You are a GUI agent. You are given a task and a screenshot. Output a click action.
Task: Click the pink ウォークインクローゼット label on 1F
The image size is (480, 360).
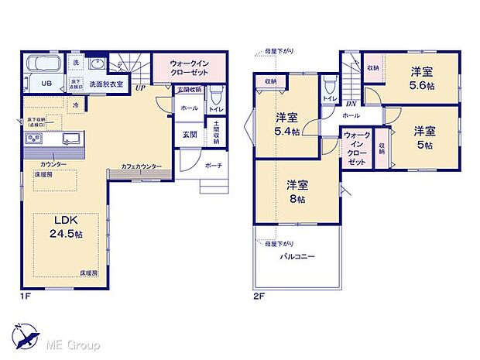click(190, 67)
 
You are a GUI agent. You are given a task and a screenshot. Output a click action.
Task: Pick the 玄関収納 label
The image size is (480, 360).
click(190, 91)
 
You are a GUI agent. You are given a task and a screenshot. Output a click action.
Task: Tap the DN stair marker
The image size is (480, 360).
click(351, 103)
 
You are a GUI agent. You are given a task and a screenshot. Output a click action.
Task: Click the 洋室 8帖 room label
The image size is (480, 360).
click(297, 191)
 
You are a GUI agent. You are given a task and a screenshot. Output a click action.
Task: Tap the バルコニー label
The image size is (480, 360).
click(297, 255)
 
